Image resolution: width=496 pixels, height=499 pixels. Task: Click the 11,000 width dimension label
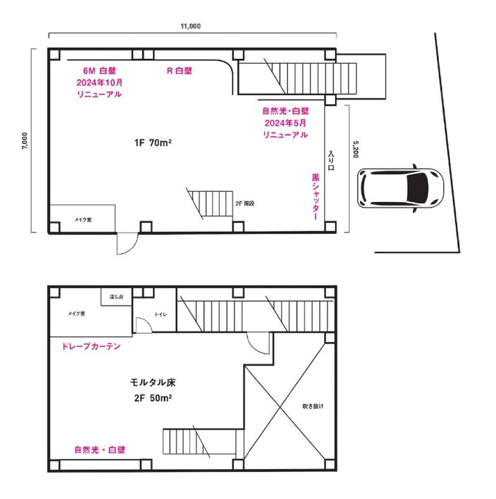tap(191, 26)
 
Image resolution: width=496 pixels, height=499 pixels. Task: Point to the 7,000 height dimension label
tap(25, 141)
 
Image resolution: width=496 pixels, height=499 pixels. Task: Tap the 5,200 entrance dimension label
tap(356, 149)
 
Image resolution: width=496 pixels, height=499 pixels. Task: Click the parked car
tap(400, 188)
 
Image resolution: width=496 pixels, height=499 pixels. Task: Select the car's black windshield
tap(417, 188)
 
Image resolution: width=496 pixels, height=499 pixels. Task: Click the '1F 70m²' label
tap(153, 143)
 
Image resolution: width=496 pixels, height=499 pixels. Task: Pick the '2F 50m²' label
tap(153, 398)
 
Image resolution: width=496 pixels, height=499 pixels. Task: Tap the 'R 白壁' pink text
tap(180, 70)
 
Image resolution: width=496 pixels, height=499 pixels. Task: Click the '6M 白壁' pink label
tap(99, 70)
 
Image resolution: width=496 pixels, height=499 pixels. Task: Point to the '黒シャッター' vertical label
tap(315, 197)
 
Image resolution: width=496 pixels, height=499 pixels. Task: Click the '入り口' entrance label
tap(331, 161)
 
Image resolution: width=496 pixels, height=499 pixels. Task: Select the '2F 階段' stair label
tap(245, 204)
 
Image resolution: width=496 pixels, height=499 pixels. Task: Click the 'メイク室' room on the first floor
tap(83, 219)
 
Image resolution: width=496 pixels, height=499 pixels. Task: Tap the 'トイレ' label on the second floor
tap(161, 314)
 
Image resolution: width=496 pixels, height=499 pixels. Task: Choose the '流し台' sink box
tap(116, 297)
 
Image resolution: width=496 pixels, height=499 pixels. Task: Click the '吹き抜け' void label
tap(313, 406)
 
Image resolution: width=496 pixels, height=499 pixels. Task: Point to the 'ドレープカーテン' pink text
tap(91, 346)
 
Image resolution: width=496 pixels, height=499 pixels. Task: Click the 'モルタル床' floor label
tap(153, 382)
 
